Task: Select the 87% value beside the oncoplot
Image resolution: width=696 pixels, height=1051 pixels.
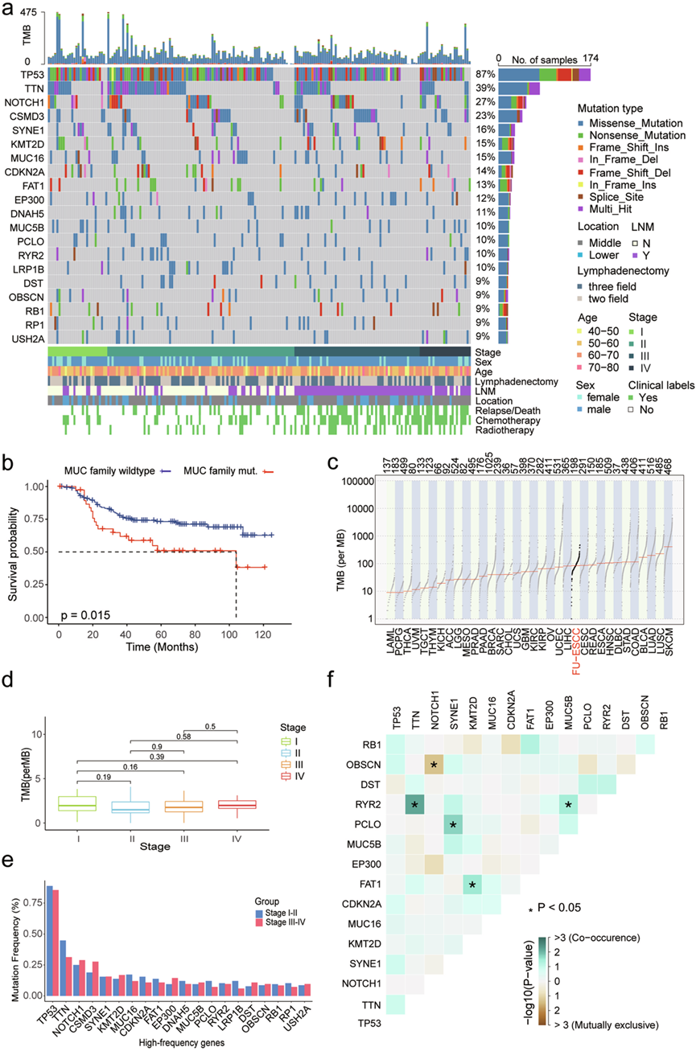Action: (484, 74)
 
